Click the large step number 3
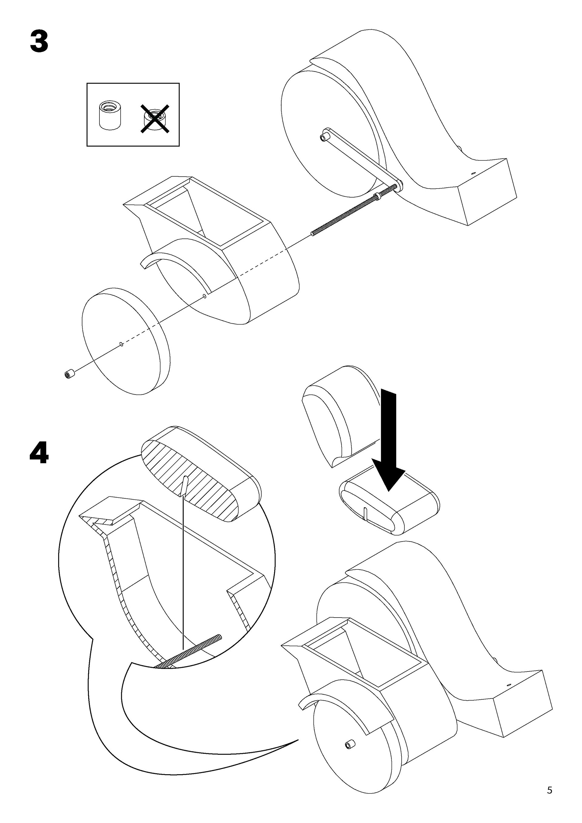[39, 42]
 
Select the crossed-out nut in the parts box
[155, 119]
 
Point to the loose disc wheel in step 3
[125, 341]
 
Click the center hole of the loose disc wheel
[121, 344]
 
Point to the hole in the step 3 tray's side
[204, 296]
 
